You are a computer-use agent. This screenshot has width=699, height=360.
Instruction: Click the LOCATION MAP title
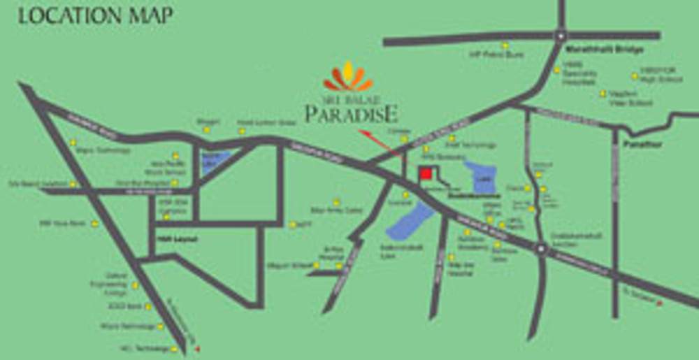95,15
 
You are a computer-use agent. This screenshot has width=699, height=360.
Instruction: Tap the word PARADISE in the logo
352,113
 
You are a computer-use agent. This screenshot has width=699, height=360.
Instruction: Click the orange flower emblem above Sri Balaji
348,77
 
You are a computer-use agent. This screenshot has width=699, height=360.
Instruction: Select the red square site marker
424,174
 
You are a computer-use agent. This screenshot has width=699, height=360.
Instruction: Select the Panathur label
649,145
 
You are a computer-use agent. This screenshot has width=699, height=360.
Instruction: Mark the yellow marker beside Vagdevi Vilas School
602,93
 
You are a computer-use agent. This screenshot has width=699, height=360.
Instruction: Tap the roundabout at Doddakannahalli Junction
540,247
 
